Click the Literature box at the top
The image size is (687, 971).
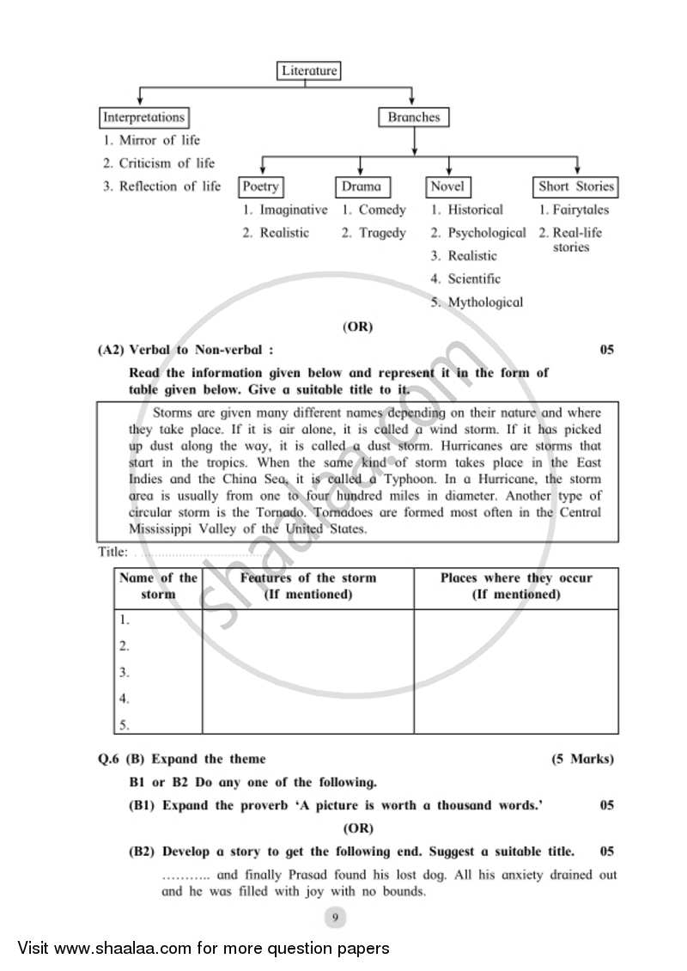click(309, 70)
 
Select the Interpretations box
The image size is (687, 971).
click(143, 117)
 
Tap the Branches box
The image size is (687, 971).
click(413, 117)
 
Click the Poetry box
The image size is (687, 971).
click(260, 186)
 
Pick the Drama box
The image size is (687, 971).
click(361, 186)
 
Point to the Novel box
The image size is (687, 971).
click(447, 186)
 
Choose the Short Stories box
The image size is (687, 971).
click(576, 186)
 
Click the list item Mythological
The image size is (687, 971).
click(485, 302)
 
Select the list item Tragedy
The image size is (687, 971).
click(382, 233)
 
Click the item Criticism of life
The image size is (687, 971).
click(167, 163)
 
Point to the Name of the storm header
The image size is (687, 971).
click(158, 586)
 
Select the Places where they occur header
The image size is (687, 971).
click(516, 586)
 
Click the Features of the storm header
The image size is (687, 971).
click(307, 586)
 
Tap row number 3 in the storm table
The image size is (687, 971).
click(125, 672)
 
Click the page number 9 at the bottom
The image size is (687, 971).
click(336, 918)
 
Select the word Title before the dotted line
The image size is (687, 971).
click(112, 553)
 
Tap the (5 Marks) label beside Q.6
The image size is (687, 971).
click(582, 759)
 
